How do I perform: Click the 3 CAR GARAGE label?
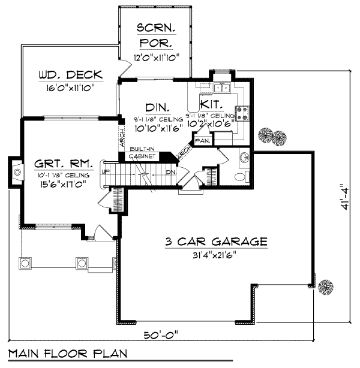point(216,242)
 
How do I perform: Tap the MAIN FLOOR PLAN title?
point(68,352)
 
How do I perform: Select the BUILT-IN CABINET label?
point(142,152)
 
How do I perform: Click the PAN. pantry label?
point(202,141)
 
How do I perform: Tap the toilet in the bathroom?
point(240,176)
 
